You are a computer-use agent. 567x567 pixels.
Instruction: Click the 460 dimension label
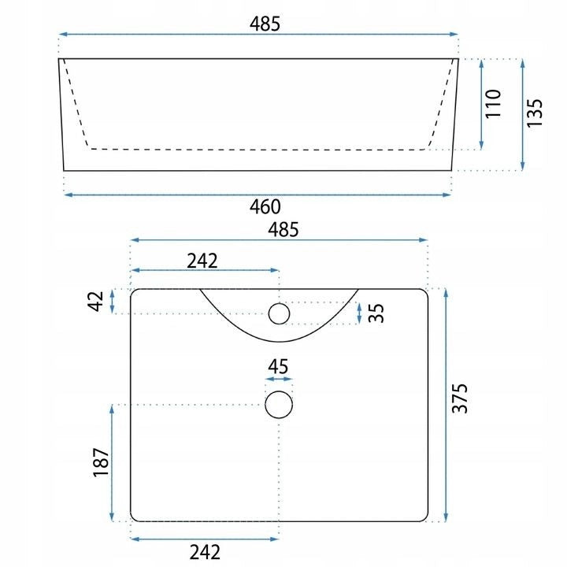click(x=265, y=207)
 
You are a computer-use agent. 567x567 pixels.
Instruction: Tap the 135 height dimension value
click(x=535, y=113)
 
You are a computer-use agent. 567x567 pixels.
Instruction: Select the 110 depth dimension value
click(x=493, y=104)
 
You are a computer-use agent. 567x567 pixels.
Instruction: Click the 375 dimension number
click(x=460, y=398)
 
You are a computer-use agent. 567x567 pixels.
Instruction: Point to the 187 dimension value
click(x=102, y=463)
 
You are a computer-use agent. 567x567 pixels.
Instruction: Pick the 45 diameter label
click(x=278, y=367)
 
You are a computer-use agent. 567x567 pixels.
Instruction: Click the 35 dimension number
click(x=376, y=313)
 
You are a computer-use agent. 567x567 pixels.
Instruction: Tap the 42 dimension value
click(x=95, y=301)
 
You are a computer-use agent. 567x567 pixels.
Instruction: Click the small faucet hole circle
click(x=279, y=313)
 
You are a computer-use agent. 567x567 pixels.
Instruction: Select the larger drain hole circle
click(x=279, y=405)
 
